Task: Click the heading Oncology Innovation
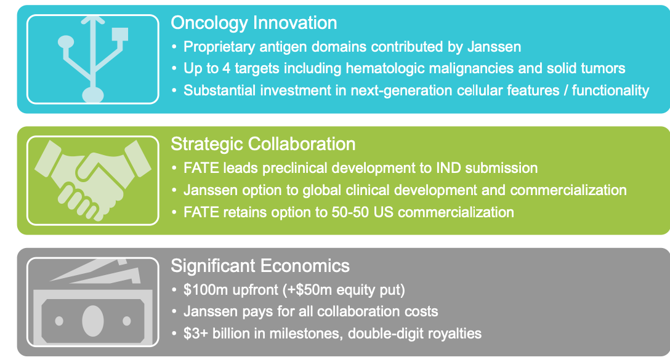tap(254, 23)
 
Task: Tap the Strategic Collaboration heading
tap(263, 144)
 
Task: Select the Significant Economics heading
tap(260, 266)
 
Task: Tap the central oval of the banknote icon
tap(92, 321)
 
